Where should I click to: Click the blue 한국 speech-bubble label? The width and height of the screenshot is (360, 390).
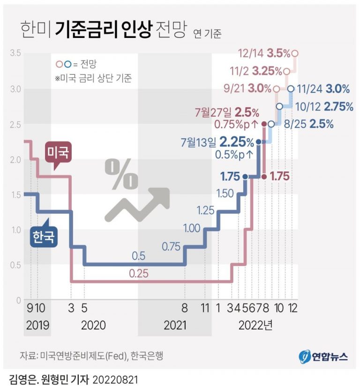[44, 236]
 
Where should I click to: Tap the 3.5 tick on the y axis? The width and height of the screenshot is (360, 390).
[15, 54]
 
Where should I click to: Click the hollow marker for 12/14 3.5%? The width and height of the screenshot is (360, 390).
[295, 54]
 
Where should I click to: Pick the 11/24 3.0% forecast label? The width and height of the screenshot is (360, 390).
[324, 88]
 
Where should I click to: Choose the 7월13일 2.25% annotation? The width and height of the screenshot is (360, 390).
[219, 141]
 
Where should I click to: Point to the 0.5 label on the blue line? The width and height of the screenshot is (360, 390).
[139, 256]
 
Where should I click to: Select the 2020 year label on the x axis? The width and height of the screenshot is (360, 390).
[93, 325]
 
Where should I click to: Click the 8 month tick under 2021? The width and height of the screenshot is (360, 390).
[186, 309]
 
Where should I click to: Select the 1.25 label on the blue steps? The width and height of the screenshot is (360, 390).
[205, 210]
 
